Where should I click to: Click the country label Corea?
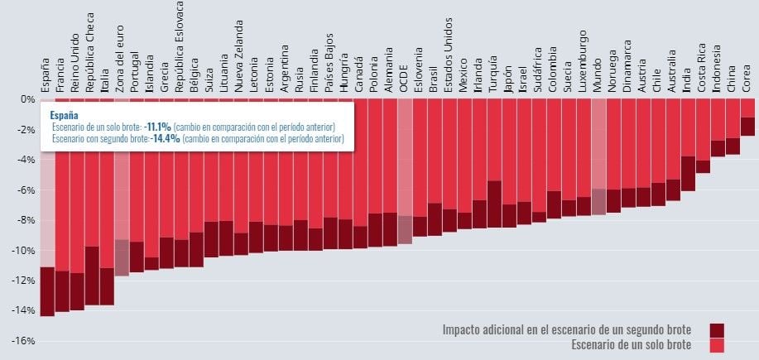coord(747,79)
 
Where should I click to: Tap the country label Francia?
coord(61,74)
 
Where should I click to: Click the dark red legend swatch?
coord(717,330)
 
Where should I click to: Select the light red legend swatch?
coord(717,345)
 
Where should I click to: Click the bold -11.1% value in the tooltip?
coord(156,127)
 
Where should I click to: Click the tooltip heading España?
coord(65,115)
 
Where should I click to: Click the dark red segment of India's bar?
coord(688,173)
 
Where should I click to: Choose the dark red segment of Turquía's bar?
coord(494,204)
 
